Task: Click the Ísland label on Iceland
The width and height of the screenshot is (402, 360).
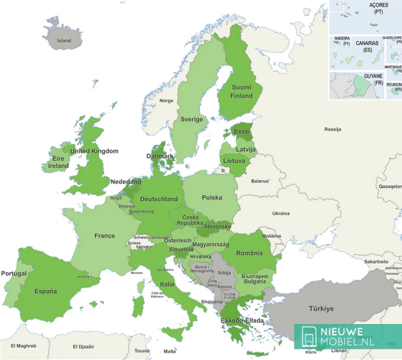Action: [64, 40]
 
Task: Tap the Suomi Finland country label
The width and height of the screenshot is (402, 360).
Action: [242, 91]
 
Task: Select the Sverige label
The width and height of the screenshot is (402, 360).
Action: [191, 119]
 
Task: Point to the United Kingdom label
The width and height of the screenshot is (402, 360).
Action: [93, 151]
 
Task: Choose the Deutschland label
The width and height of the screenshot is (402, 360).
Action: [159, 199]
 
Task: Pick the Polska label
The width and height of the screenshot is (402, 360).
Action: [211, 197]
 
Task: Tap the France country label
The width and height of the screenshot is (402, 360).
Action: [104, 235]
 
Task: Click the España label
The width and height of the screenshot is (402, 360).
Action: [45, 291]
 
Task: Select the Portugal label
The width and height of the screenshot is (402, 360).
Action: [14, 274]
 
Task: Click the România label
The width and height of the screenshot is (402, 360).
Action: [250, 253]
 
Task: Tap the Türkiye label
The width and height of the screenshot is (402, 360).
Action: [321, 308]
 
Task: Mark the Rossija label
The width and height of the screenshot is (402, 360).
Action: [332, 130]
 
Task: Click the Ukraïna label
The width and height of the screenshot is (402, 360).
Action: [280, 213]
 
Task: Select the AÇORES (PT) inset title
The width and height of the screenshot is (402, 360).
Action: [378, 8]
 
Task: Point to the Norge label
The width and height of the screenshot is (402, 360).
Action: [166, 101]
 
